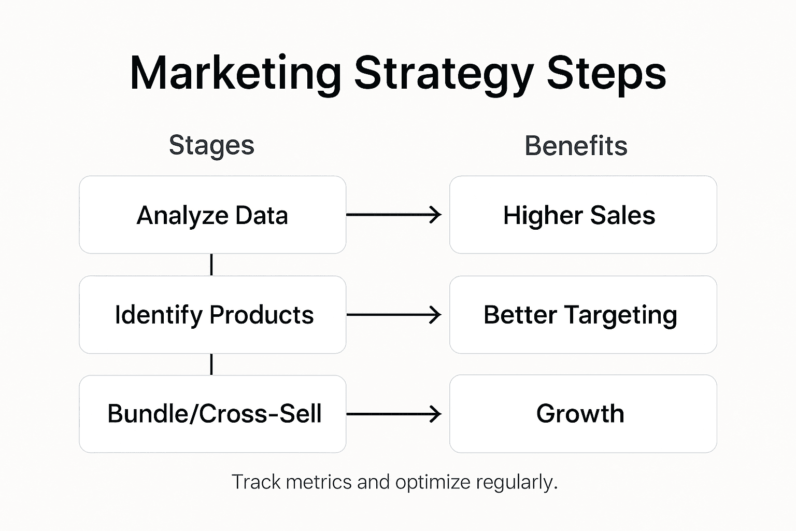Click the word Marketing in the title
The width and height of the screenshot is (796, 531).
pos(235,74)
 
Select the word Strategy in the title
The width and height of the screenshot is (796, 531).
pos(444,74)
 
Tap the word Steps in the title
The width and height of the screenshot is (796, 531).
pos(606,74)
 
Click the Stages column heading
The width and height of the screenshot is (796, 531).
pos(211,145)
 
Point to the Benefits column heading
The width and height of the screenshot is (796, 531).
pos(576,146)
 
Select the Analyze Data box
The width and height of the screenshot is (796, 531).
pos(212,215)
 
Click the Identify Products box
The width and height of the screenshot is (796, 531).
pos(212,315)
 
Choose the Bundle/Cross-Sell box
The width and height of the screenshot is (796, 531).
pos(212,414)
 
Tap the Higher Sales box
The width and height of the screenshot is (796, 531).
pos(583,215)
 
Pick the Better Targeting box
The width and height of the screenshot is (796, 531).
pos(583,315)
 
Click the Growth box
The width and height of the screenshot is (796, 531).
pos(583,414)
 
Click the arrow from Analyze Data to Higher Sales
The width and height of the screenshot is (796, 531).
pos(394,215)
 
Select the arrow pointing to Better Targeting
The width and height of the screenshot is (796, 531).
pos(394,315)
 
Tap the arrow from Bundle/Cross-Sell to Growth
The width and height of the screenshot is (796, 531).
pos(394,414)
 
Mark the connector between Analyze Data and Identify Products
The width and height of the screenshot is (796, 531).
pos(211,264)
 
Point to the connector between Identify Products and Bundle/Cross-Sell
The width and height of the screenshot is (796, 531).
pos(211,365)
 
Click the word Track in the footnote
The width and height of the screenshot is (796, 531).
pos(256,482)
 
